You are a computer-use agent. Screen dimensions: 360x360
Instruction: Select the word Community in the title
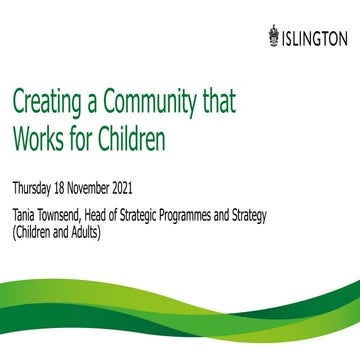tap(161, 104)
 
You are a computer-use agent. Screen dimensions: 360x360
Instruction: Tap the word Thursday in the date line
tap(35, 187)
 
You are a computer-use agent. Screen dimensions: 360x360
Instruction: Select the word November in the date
tap(104, 187)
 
